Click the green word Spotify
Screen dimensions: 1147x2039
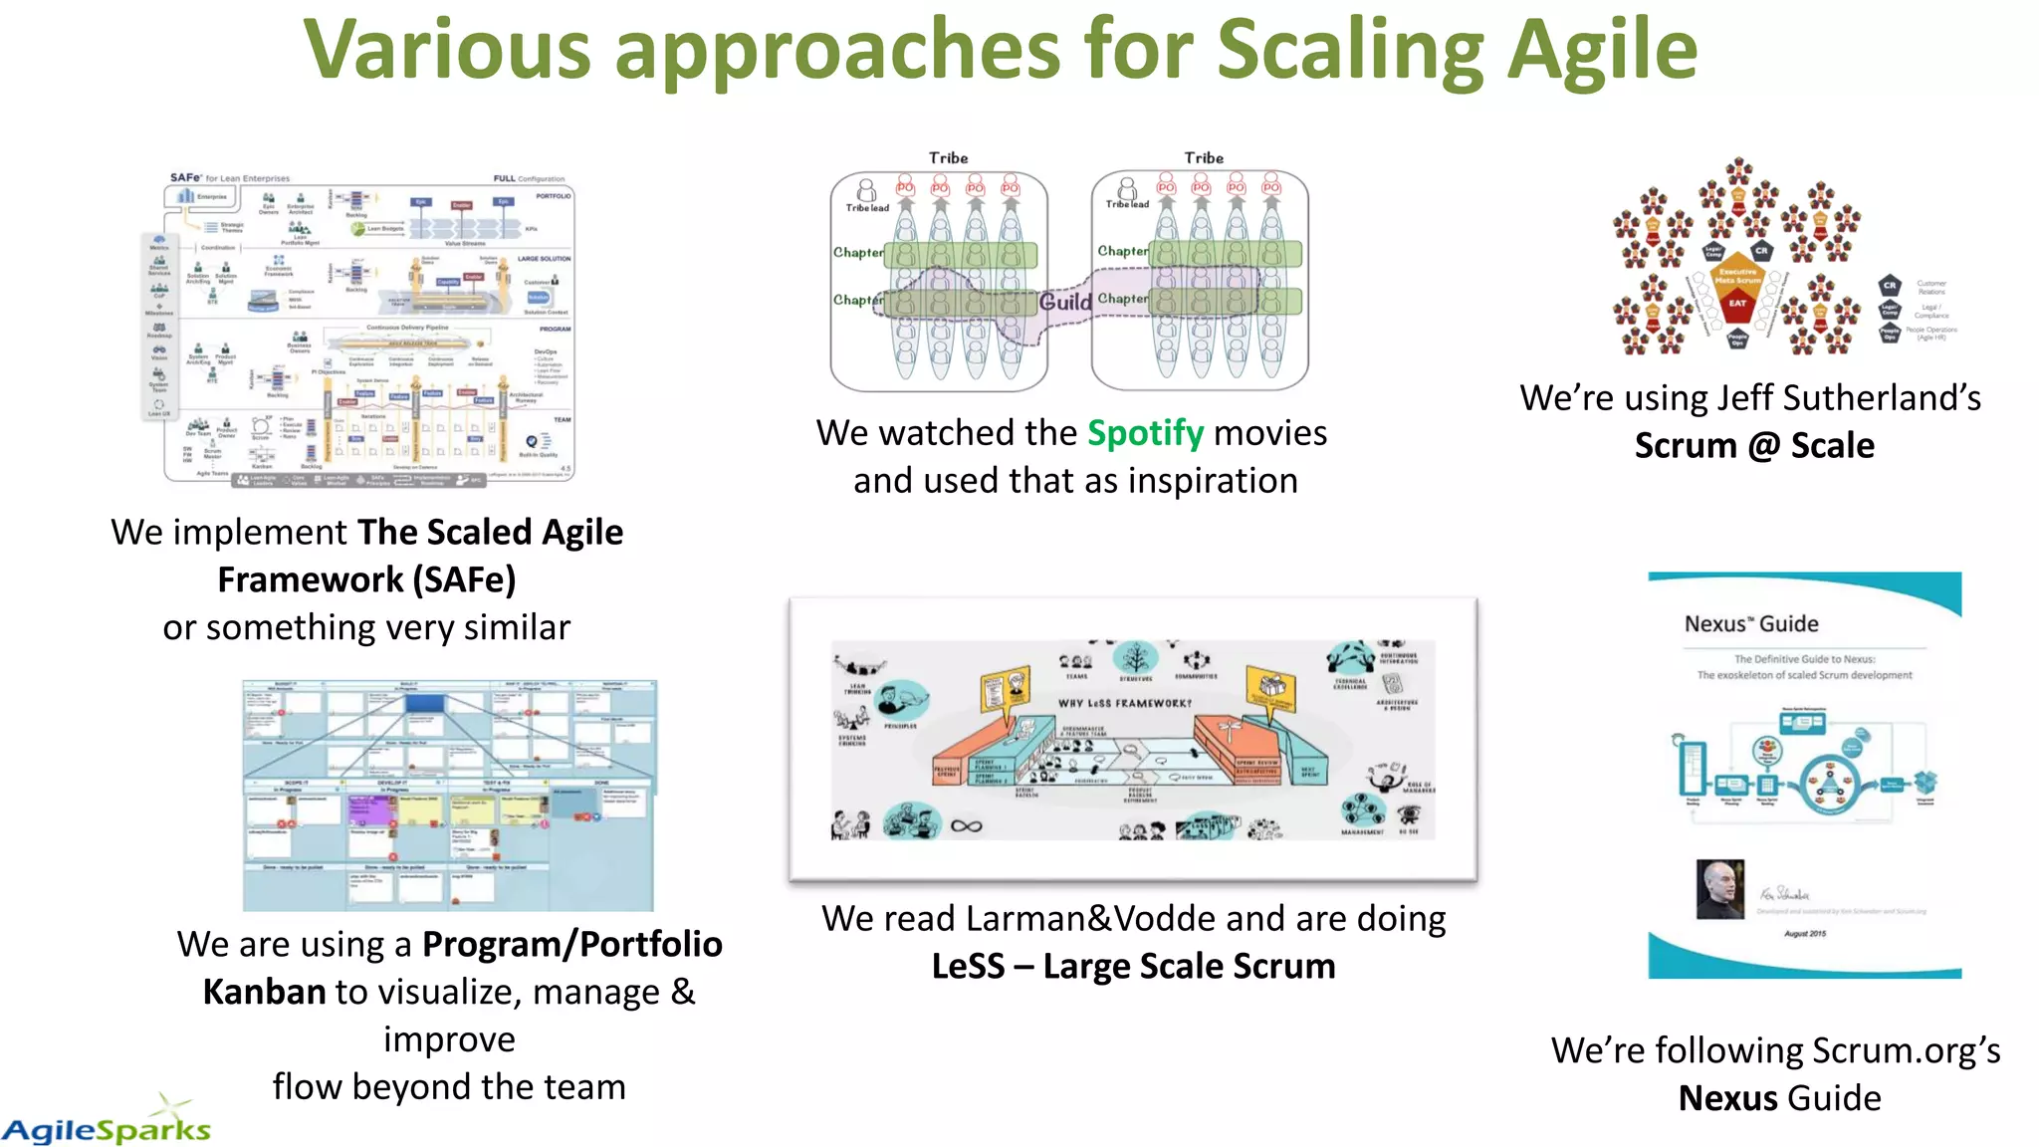tap(1145, 433)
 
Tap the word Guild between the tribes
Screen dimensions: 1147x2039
tap(1065, 301)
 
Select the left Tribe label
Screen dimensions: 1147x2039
tap(948, 157)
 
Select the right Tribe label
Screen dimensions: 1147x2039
tap(1204, 157)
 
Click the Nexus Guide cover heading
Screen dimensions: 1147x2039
tap(1750, 624)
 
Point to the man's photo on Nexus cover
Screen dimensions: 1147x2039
tap(1719, 889)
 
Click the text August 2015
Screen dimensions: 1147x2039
tap(1804, 934)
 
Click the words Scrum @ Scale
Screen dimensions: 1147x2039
tap(1754, 445)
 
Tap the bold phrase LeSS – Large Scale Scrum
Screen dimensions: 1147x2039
tap(1133, 966)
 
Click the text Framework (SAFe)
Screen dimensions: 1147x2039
tap(366, 579)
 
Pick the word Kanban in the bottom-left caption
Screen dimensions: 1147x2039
tap(264, 992)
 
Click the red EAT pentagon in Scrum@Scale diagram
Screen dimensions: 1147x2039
tap(1737, 305)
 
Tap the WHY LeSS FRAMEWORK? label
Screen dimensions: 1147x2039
tap(1124, 703)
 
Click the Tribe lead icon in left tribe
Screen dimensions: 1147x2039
tap(866, 190)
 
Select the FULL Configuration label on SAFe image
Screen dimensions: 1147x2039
tap(528, 179)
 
